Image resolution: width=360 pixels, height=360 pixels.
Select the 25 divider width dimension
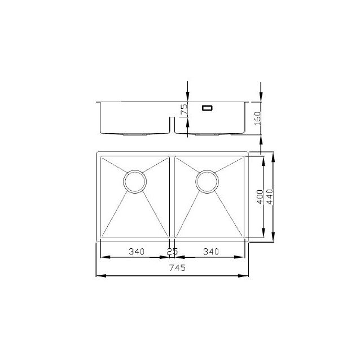pos(172,251)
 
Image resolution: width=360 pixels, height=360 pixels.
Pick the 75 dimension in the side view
pos(183,110)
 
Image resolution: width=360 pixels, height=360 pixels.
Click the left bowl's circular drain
pos(135,182)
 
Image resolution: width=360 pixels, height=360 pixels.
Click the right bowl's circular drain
pos(207,182)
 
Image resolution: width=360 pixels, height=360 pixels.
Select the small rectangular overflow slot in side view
pos(207,107)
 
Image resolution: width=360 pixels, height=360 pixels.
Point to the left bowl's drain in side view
pos(135,134)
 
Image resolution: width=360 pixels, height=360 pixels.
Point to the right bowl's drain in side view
pos(207,134)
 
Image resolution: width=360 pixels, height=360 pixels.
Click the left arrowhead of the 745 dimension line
pos(99,275)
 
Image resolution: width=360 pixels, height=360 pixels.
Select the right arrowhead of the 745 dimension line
pos(246,275)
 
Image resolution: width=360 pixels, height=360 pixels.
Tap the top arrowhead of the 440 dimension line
pos(274,155)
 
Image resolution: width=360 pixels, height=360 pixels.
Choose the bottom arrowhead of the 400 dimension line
pos(264,234)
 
